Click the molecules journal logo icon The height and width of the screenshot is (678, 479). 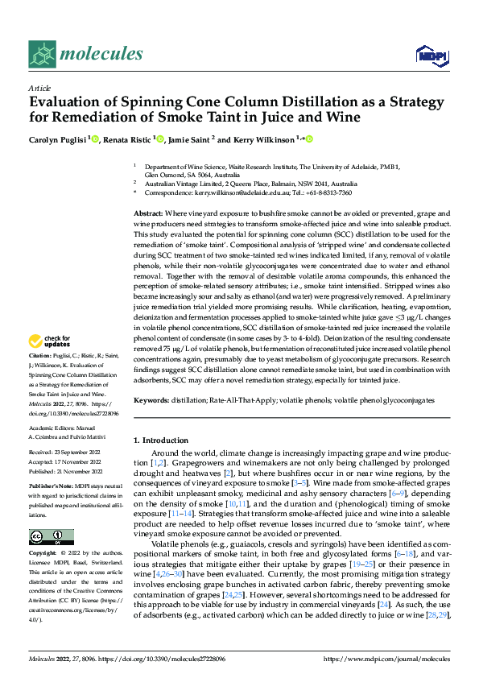(x=41, y=54)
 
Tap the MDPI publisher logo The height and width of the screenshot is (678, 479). (x=428, y=55)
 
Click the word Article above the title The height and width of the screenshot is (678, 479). (x=39, y=88)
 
